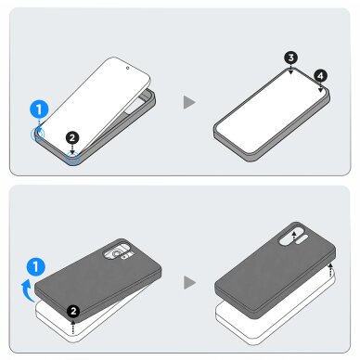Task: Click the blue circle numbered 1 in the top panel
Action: [38, 109]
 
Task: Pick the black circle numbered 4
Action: [320, 75]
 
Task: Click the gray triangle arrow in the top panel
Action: [190, 101]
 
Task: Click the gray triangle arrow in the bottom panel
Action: [190, 279]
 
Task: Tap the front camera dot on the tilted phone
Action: [126, 67]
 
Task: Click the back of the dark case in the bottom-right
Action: [269, 278]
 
